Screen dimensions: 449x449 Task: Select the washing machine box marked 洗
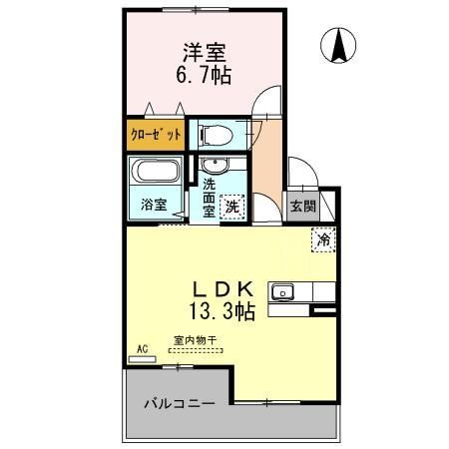click(231, 207)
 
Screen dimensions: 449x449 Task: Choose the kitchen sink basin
click(283, 291)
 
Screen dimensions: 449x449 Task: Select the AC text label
click(142, 347)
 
